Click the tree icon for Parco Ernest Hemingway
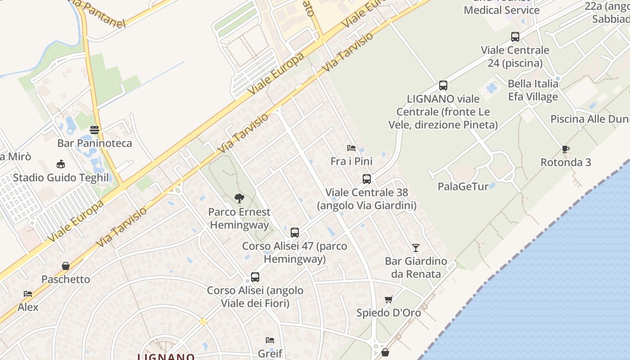coord(239,198)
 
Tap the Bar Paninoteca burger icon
coord(94,130)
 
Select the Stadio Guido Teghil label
coord(60,177)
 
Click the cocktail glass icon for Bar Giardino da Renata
coord(415,248)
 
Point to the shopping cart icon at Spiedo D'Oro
coord(388,300)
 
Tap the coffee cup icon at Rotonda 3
coord(566,149)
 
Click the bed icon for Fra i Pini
coord(351,148)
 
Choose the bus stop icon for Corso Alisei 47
coord(295,233)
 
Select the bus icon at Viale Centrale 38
coord(367,179)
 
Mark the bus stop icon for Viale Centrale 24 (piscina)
coord(515,37)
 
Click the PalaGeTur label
coord(463,186)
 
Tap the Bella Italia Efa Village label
coord(533,90)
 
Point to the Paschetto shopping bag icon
coord(66,266)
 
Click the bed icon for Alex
coord(28,294)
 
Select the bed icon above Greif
coord(270,340)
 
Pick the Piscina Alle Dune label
coord(589,119)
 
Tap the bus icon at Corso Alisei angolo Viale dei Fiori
coord(255,277)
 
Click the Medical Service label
coord(501,10)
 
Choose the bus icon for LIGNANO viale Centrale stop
coord(443,85)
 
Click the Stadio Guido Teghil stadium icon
coord(60,164)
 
